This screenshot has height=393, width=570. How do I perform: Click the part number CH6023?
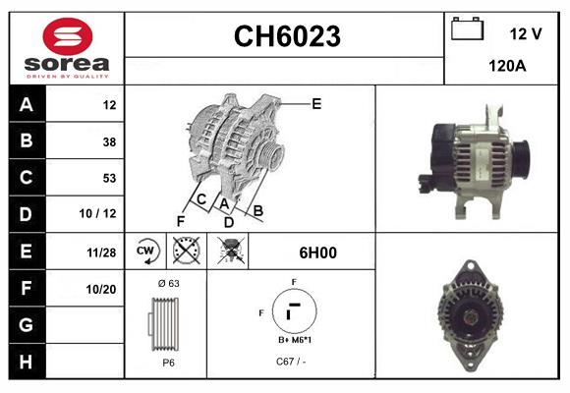click(x=286, y=37)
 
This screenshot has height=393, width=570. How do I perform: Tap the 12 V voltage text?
click(x=525, y=33)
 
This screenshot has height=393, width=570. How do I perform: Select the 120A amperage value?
click(x=506, y=68)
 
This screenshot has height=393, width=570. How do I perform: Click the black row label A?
click(x=27, y=104)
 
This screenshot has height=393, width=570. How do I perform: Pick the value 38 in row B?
click(x=108, y=141)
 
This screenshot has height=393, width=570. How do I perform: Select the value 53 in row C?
click(x=108, y=178)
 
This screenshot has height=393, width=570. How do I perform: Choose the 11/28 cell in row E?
click(x=101, y=253)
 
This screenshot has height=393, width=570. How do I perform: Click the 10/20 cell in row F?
click(x=101, y=289)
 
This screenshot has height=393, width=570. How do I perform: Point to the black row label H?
click(x=27, y=362)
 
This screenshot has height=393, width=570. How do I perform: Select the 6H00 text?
click(x=317, y=253)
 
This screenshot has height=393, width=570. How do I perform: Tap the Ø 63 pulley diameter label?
click(x=167, y=283)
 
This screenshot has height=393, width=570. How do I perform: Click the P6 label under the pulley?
click(x=168, y=363)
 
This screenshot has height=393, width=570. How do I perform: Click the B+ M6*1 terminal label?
click(x=294, y=340)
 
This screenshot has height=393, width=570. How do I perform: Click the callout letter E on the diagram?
click(x=316, y=102)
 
